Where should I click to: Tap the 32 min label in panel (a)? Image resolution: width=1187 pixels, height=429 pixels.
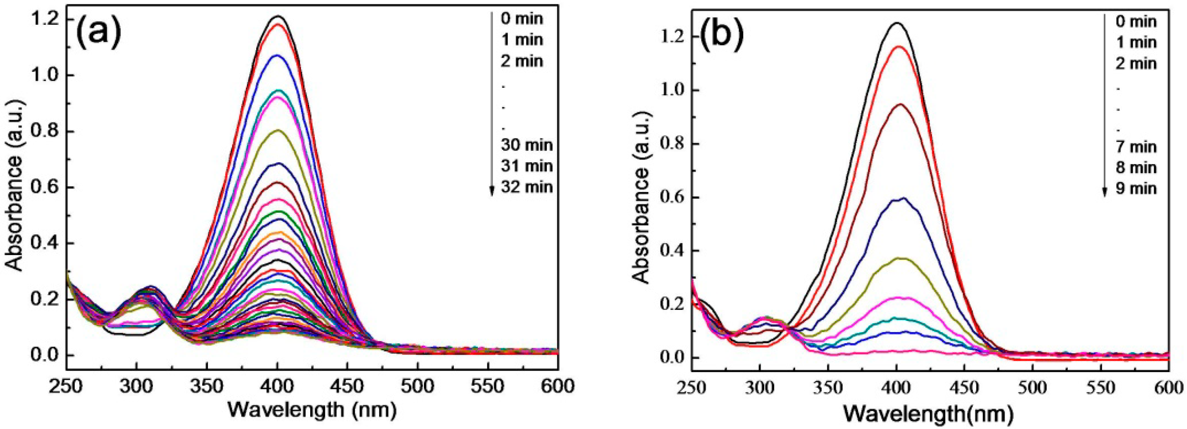[x=527, y=187]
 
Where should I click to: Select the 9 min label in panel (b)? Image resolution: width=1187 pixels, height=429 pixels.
[x=1136, y=188]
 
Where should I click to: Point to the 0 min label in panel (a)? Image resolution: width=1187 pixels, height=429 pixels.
[x=522, y=19]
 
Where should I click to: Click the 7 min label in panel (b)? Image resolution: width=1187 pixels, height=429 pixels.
[x=1136, y=147]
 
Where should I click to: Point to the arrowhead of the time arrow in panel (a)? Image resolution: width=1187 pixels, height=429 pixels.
[x=492, y=191]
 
